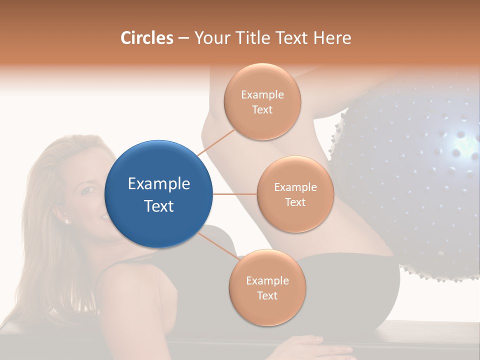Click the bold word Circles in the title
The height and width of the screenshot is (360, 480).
click(146, 38)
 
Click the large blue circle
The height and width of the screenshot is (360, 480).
click(159, 194)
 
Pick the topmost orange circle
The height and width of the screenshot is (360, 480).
click(262, 101)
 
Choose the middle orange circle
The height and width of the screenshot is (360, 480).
click(295, 194)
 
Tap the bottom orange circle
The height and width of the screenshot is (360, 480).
click(267, 287)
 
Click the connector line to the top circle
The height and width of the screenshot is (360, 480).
click(216, 142)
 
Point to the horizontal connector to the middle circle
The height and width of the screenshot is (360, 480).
click(234, 194)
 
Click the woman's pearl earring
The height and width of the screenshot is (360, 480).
click(66, 220)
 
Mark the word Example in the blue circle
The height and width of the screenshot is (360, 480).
click(159, 184)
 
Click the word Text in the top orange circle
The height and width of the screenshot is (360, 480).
click(262, 109)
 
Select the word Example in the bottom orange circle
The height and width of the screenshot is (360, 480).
click(267, 280)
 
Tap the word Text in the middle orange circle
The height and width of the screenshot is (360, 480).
click(295, 202)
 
